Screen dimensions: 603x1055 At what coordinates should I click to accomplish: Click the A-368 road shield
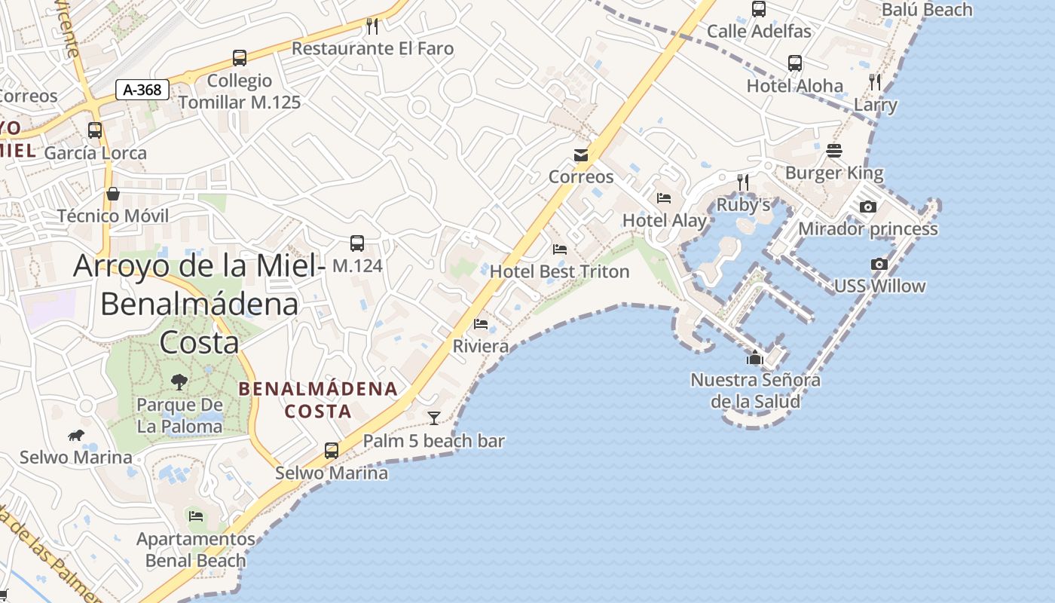tap(142, 90)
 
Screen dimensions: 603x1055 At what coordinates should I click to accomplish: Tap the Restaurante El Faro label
tap(372, 49)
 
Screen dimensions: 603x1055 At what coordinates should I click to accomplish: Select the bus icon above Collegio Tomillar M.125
tap(240, 58)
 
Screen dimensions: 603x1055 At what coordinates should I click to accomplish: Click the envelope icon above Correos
tap(581, 155)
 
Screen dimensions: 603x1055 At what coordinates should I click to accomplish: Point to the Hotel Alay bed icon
tap(664, 198)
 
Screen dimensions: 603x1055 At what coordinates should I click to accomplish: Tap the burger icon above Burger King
tap(833, 151)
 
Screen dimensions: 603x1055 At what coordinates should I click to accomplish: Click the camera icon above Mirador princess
tap(868, 207)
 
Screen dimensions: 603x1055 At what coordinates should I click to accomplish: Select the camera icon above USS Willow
tap(879, 264)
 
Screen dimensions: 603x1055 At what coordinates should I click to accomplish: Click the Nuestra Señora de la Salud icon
tap(755, 357)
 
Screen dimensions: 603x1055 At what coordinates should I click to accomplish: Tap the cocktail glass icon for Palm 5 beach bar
tap(434, 418)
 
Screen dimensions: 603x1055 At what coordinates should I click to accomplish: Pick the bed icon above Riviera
tap(481, 324)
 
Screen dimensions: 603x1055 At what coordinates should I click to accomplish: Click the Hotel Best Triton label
tap(559, 271)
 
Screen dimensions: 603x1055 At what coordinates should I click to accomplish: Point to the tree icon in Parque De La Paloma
tap(179, 382)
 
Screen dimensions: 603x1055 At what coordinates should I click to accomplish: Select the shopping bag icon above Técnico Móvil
tap(113, 194)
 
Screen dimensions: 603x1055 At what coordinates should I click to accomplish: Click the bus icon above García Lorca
tap(95, 130)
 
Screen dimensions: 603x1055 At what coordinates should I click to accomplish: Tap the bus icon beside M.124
tap(357, 243)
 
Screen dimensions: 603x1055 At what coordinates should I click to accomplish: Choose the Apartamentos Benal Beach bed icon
tap(196, 516)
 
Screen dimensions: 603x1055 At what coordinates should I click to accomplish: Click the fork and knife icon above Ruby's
tap(743, 182)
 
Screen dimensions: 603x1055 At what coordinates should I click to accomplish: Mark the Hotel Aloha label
tap(794, 86)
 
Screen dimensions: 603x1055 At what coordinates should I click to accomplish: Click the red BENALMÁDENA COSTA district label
tap(318, 400)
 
